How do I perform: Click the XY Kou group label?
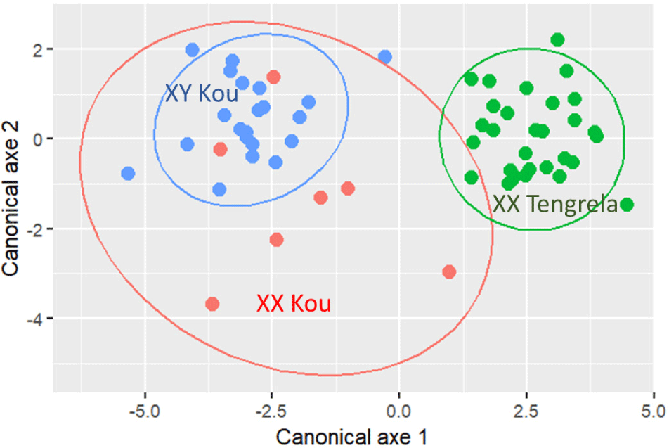201,94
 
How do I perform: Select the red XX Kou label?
293,304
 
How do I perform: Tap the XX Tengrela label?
554,205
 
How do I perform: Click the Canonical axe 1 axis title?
351,436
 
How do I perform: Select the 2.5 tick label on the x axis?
526,409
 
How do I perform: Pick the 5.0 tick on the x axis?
653,409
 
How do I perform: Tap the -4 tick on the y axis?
36,319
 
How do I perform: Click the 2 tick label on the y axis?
39,49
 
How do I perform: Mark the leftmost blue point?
128,173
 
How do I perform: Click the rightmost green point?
627,205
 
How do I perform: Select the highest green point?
557,40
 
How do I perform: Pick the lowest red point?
212,304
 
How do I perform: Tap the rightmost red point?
450,271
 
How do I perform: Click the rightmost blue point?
385,57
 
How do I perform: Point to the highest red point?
273,77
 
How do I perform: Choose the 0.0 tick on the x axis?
398,409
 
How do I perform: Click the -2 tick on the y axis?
36,229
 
